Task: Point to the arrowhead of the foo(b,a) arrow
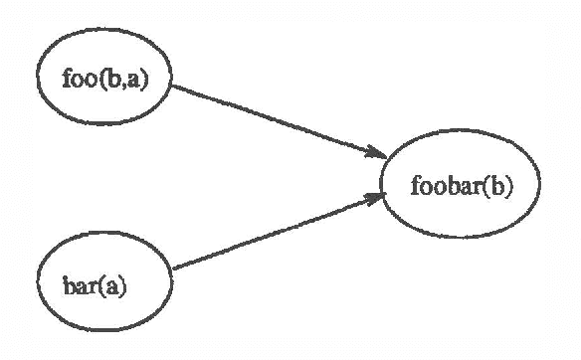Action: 376,154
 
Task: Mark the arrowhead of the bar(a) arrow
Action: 375,197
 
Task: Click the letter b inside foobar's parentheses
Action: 492,186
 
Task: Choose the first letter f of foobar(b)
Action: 415,185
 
